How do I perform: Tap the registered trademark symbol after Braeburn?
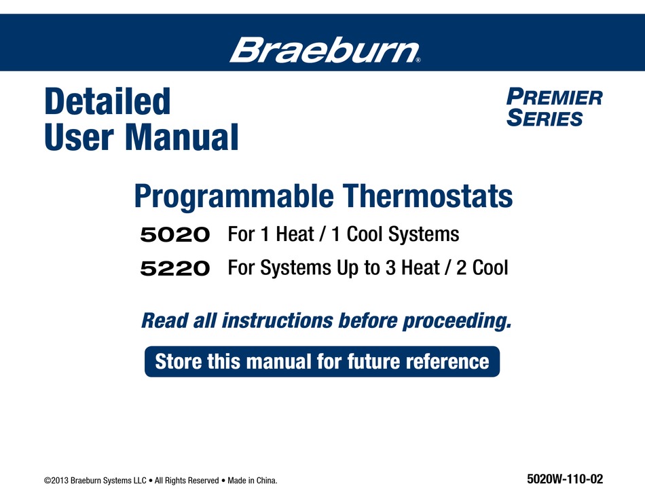[418, 60]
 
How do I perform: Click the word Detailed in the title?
[107, 103]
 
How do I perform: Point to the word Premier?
[555, 97]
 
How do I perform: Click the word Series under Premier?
[545, 119]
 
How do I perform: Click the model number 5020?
[174, 236]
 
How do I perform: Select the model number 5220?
[174, 269]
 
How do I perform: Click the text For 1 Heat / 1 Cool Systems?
[344, 235]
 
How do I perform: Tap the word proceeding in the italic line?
[457, 320]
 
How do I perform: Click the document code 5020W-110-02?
[564, 479]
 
